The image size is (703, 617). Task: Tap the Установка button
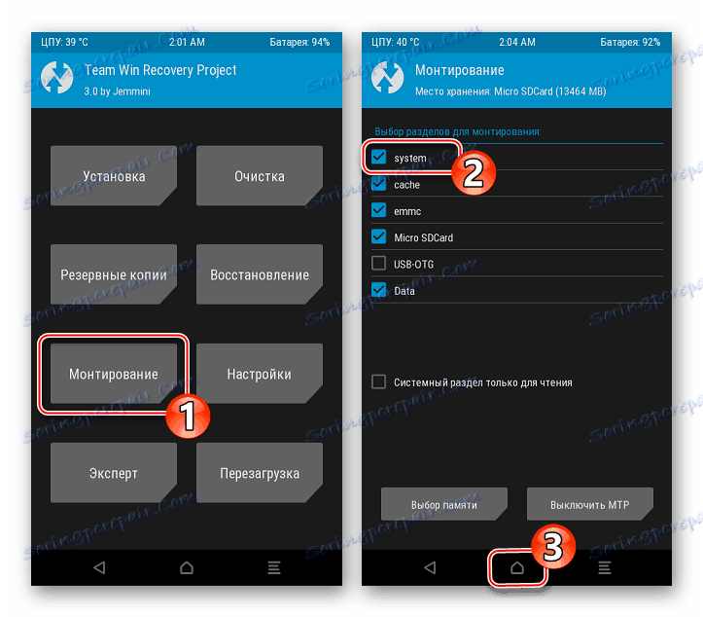coord(114,175)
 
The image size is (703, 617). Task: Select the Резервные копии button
coord(114,274)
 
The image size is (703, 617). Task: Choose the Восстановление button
coord(260,274)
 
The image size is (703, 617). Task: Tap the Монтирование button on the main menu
coord(114,374)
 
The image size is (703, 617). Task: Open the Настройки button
coord(260,374)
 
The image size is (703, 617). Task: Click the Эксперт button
coord(114,473)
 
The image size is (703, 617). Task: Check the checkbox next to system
coord(379,157)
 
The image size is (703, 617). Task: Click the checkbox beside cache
coord(379,184)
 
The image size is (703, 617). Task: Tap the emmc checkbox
coord(379,210)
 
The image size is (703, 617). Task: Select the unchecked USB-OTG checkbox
coord(379,263)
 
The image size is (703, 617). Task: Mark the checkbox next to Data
coord(379,290)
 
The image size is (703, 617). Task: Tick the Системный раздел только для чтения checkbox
coord(379,381)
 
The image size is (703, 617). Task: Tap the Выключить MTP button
coord(589,504)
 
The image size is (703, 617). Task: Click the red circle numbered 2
coord(474,173)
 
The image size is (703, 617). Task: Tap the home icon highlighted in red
coord(517,567)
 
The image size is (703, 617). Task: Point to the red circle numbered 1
coord(188,416)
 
